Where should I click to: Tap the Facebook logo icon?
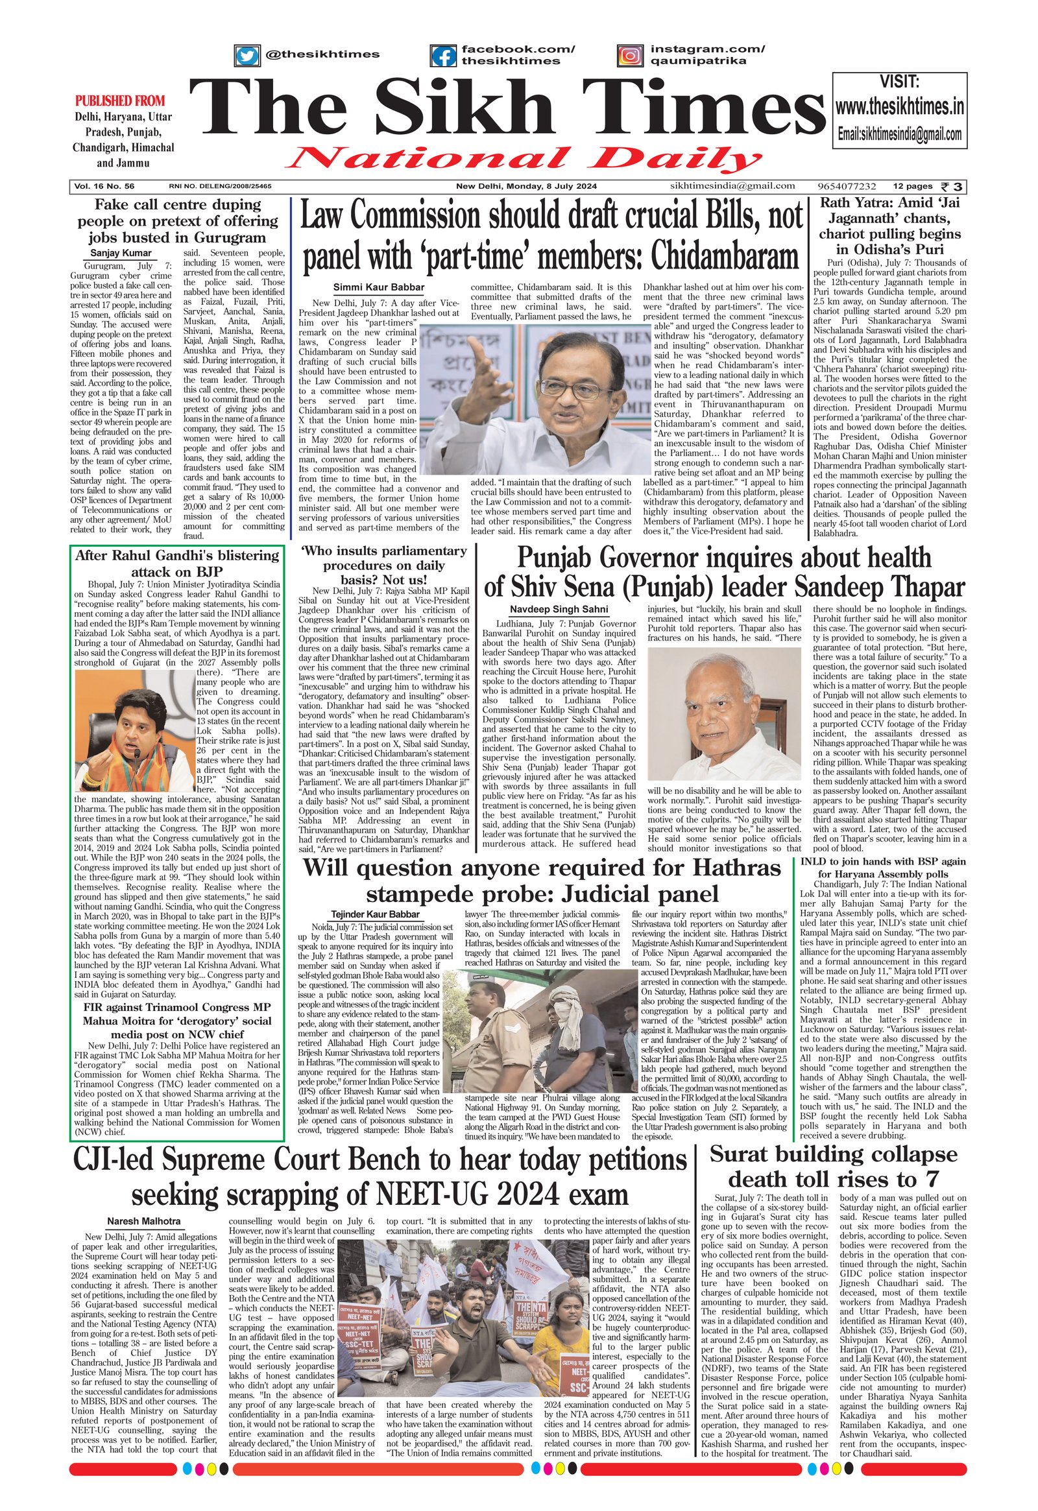pyautogui.click(x=444, y=56)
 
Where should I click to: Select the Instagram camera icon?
pyautogui.click(x=629, y=56)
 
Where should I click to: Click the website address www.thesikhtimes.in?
pyautogui.click(x=899, y=106)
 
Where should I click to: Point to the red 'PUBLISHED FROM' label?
pyautogui.click(x=120, y=101)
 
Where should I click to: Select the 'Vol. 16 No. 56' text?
pyautogui.click(x=104, y=187)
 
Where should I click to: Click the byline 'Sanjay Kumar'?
pyautogui.click(x=121, y=254)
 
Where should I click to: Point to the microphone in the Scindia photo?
pyautogui.click(x=138, y=754)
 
